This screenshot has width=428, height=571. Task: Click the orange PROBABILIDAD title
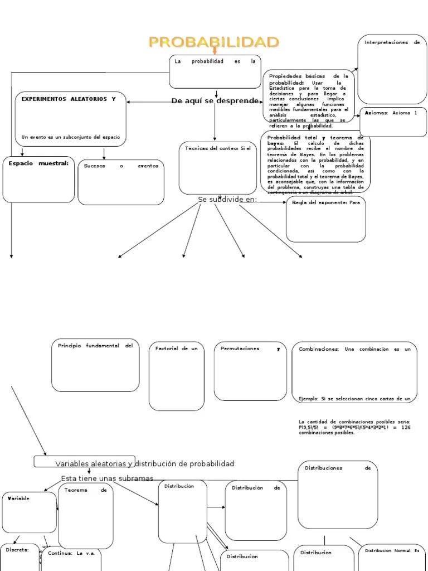[213, 42]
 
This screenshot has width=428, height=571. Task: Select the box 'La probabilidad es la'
[215, 71]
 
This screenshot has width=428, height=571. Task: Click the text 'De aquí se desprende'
[215, 101]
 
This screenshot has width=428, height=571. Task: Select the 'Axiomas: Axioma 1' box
[393, 121]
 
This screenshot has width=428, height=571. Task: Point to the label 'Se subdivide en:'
[227, 200]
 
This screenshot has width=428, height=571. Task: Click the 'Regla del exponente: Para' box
[326, 219]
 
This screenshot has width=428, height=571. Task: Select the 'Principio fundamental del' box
[95, 365]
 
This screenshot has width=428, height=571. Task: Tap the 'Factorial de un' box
[176, 377]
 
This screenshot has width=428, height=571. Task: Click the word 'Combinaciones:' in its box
[319, 349]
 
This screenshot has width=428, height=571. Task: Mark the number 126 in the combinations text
[406, 427]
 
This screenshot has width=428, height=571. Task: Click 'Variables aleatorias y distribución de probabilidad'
[144, 464]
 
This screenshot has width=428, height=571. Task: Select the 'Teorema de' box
[85, 515]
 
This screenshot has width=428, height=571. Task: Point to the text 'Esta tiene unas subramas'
[107, 478]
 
